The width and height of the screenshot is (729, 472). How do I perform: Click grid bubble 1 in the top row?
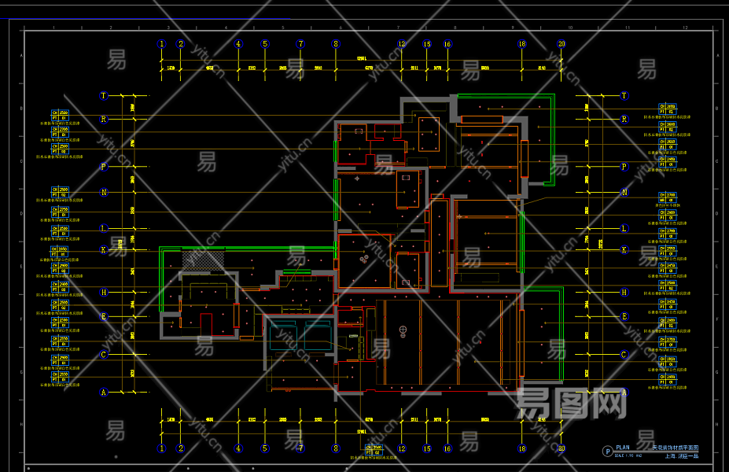click(162, 45)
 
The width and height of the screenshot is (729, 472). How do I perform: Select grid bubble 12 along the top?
click(402, 45)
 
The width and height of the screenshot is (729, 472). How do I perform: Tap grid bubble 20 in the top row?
click(561, 45)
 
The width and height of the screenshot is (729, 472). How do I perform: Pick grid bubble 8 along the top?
click(336, 45)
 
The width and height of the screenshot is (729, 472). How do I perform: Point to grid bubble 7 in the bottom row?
click(300, 448)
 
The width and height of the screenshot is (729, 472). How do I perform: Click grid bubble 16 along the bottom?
click(447, 448)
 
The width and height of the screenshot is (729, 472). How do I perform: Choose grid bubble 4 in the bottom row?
click(238, 448)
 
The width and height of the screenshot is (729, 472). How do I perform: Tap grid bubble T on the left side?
click(103, 96)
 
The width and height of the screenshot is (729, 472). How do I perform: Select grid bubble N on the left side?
click(103, 192)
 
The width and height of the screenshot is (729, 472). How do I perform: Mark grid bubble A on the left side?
click(103, 392)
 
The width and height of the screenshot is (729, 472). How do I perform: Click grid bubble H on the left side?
click(103, 292)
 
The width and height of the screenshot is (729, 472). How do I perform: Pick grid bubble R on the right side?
click(624, 120)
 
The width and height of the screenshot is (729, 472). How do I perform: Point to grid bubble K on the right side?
click(624, 250)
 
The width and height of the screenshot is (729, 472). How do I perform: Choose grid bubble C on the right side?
click(624, 355)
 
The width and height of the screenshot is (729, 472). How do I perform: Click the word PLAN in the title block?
click(623, 448)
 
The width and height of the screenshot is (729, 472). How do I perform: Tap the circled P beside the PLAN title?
click(606, 451)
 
